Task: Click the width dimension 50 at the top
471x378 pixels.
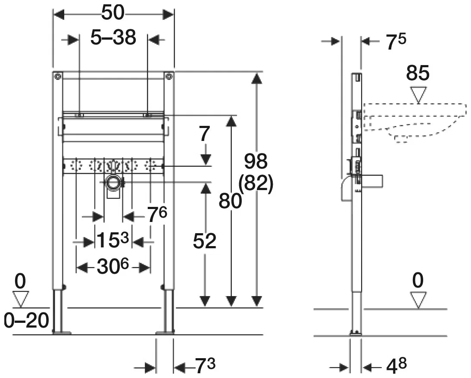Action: coord(112,13)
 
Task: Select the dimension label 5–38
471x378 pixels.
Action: coord(113,37)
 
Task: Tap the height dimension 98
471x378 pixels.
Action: coord(256,161)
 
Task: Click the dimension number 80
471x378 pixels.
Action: coord(230,201)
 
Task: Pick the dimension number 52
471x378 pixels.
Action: coord(205,241)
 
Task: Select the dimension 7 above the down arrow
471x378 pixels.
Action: coord(204,134)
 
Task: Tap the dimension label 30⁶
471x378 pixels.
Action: coord(112,266)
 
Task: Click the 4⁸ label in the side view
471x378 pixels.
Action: coord(396,366)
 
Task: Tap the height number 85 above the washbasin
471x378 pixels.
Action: coord(418,73)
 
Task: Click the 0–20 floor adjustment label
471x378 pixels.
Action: coord(26,320)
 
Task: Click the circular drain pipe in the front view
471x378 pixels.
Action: coord(113,182)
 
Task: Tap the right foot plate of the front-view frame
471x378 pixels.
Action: coord(165,332)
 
